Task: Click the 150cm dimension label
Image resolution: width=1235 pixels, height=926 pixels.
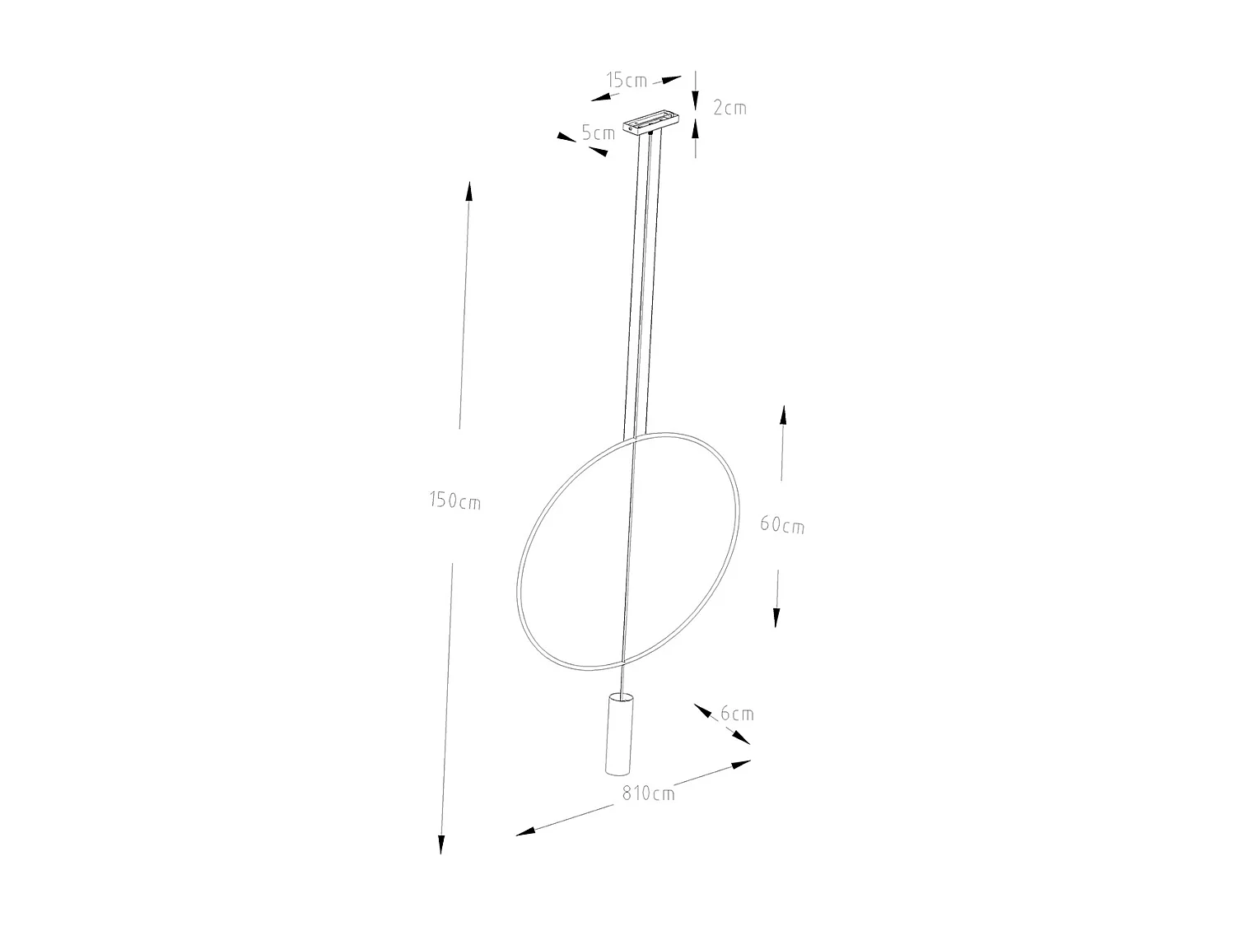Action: coord(454,500)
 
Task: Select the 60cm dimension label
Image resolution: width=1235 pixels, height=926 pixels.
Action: coord(781,523)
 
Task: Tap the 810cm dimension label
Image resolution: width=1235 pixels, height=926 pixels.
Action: coord(648,793)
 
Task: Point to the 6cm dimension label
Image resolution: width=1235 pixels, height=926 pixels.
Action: coord(737,714)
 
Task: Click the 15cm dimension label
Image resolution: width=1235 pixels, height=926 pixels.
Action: coord(627,80)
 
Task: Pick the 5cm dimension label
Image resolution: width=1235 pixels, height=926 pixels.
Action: coord(599,133)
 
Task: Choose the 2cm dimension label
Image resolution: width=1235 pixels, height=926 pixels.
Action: coord(729,107)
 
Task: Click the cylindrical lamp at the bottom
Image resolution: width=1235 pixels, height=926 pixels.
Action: coord(618,735)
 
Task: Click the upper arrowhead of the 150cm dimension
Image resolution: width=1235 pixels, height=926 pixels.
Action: coord(469,192)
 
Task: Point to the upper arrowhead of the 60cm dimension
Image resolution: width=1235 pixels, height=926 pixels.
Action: coord(784,415)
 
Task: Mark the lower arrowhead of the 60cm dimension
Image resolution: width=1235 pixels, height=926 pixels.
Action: coord(776,617)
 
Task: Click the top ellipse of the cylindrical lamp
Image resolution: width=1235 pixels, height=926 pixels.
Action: coord(619,698)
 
